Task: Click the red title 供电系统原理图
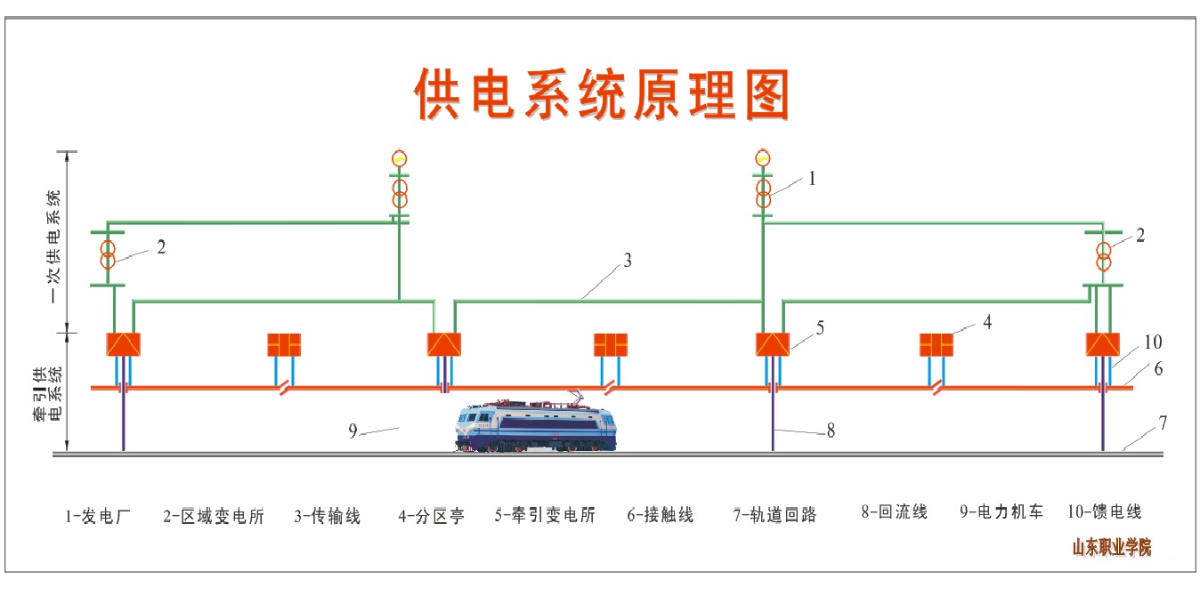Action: tap(603, 94)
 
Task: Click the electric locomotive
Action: tap(536, 425)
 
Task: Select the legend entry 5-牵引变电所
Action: tap(545, 515)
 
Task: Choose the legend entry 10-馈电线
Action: tap(1104, 511)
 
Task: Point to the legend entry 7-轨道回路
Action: tap(775, 515)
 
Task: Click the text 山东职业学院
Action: tap(1111, 547)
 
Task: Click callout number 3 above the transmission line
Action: tap(628, 261)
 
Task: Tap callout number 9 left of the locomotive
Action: tap(353, 431)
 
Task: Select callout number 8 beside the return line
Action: tap(831, 431)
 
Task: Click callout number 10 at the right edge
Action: tap(1153, 342)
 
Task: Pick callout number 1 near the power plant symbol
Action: tap(812, 179)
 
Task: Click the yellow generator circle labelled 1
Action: tap(763, 158)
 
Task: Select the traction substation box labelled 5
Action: tap(772, 344)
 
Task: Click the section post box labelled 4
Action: tap(936, 344)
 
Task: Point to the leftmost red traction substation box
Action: tap(123, 344)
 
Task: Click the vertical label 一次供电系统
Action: tap(56, 244)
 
